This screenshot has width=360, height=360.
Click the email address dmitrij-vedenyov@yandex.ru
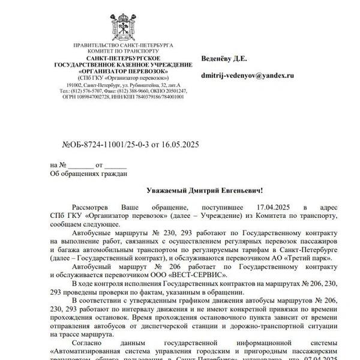pyautogui.click(x=248, y=76)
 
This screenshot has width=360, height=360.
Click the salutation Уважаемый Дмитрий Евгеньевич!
pyautogui.click(x=205, y=190)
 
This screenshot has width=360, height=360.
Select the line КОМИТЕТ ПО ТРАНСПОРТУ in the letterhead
pyautogui.click(x=122, y=52)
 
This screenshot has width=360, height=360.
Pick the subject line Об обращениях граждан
pyautogui.click(x=88, y=174)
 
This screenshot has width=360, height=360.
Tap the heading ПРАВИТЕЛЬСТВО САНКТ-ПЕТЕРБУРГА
pyautogui.click(x=122, y=46)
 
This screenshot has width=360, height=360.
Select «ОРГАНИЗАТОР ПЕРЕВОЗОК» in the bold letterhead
pyautogui.click(x=122, y=71)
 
